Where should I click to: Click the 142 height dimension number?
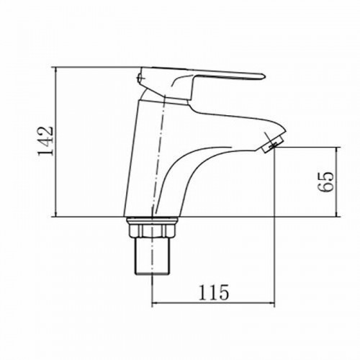click(45, 140)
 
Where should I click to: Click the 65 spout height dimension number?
click(325, 181)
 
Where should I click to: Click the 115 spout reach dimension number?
click(214, 292)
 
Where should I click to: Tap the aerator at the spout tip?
click(273, 143)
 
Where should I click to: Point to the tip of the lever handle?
click(265, 76)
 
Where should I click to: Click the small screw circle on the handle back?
click(140, 77)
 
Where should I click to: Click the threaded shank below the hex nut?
click(152, 256)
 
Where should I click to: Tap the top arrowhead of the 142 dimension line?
click(56, 71)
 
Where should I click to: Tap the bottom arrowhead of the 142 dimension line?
click(56, 213)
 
